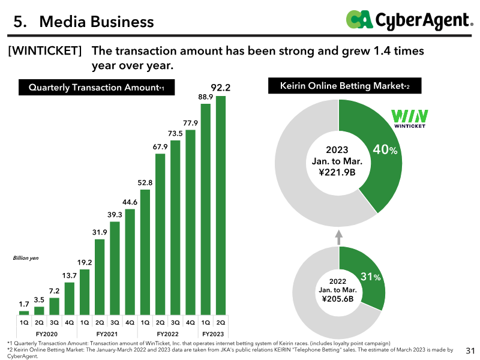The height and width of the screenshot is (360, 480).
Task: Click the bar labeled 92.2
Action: (x=221, y=205)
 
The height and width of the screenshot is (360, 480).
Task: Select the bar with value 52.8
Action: (x=145, y=252)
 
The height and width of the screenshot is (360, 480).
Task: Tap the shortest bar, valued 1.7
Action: (x=24, y=313)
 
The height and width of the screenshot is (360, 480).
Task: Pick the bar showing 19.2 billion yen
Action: (x=85, y=292)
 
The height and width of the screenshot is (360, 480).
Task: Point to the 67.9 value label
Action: (x=160, y=147)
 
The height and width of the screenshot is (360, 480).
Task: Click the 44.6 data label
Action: (x=130, y=202)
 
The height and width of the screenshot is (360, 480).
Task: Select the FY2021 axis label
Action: (x=107, y=334)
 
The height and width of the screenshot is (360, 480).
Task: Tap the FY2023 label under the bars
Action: (x=213, y=334)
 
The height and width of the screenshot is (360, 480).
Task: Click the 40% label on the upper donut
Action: (x=385, y=149)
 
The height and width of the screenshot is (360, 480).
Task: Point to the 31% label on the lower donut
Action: (x=370, y=277)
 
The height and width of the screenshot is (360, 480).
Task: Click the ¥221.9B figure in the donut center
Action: (x=337, y=172)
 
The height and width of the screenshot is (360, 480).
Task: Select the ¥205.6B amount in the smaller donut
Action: (x=338, y=299)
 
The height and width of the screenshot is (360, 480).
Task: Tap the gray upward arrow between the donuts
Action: (x=338, y=238)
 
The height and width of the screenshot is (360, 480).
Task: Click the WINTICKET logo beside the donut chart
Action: (x=410, y=119)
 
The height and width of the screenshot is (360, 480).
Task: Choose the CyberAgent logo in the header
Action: (x=409, y=20)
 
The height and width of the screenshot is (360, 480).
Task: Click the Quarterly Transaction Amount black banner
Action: (x=97, y=87)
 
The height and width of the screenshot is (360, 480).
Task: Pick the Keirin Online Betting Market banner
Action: (x=344, y=86)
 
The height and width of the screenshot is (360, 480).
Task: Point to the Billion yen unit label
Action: (x=26, y=258)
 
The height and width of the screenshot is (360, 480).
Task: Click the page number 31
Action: (x=470, y=351)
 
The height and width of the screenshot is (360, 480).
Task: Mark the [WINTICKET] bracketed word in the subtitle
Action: (x=44, y=51)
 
